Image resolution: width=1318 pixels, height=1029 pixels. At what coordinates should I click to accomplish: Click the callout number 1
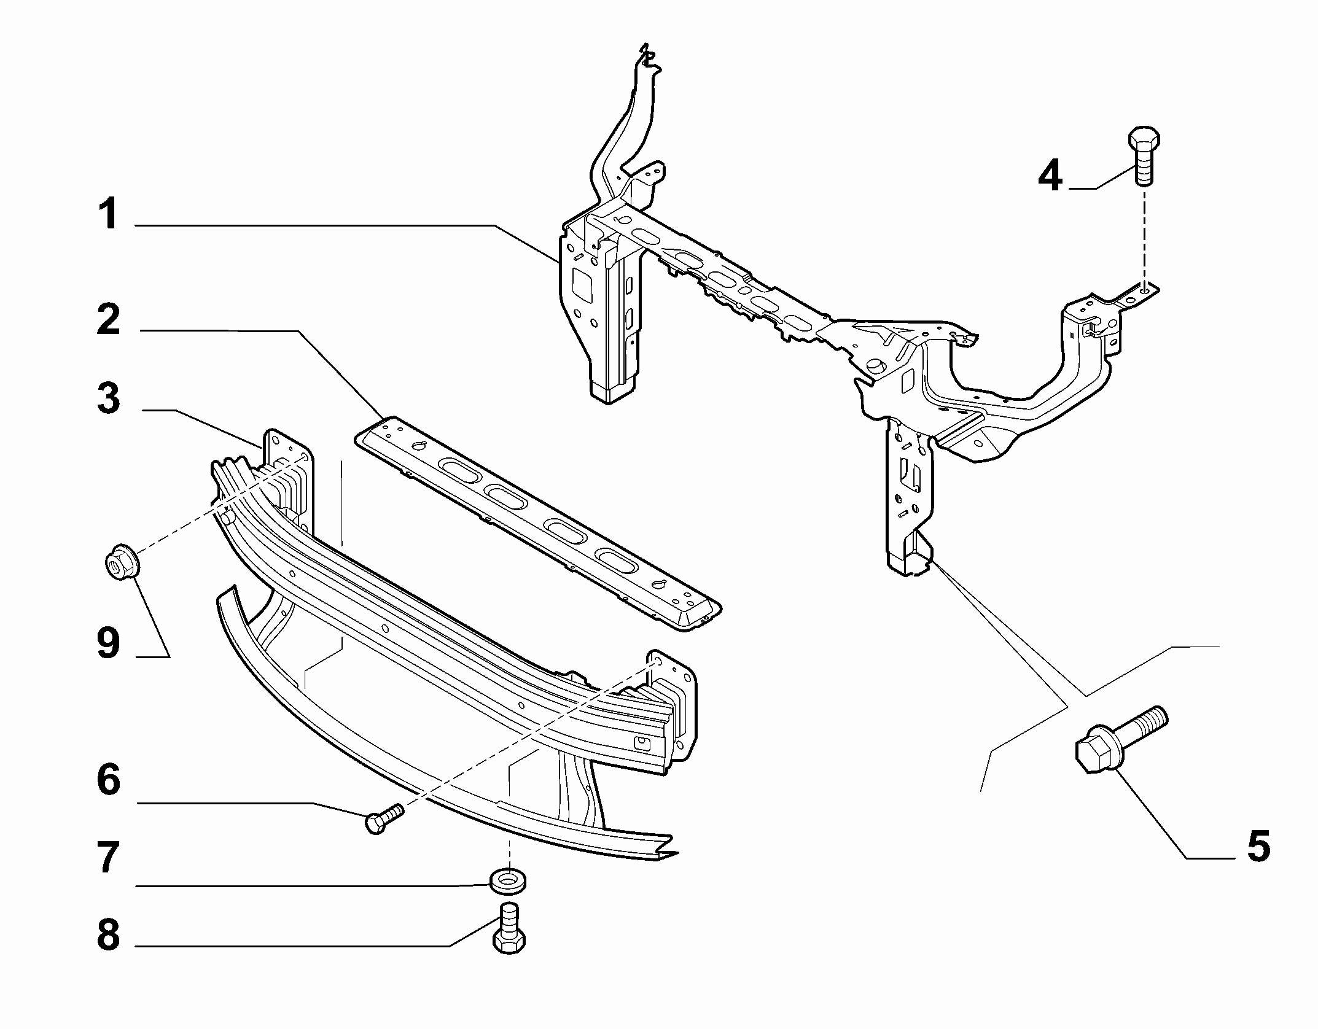point(109,214)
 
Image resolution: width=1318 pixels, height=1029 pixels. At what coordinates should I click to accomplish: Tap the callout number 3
point(109,398)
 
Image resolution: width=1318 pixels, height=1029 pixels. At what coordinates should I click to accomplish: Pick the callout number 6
point(109,780)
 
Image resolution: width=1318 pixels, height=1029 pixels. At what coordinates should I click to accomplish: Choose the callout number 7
point(109,858)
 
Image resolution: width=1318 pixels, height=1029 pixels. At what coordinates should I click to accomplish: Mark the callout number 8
point(109,935)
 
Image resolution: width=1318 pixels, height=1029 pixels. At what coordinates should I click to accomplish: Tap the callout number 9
point(109,644)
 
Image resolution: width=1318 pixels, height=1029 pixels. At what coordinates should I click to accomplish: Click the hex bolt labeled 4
point(1143,156)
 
